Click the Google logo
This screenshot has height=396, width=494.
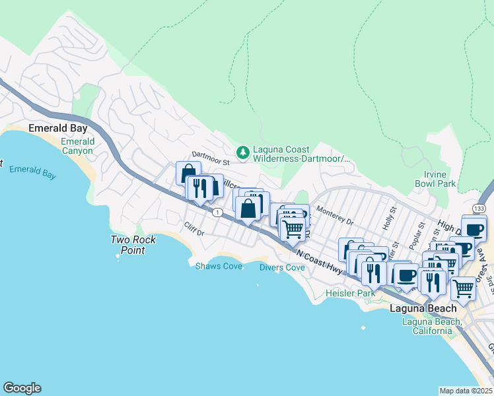22,388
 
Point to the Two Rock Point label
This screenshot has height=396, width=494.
133,245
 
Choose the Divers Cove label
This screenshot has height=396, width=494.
282,267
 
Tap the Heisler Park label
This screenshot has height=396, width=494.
351,292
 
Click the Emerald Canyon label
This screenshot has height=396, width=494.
77,146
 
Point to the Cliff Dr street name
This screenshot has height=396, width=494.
195,229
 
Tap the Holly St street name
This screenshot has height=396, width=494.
391,217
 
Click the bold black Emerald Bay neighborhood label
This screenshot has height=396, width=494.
54,129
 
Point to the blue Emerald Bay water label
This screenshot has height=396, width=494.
32,174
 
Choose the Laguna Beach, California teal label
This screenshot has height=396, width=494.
432,326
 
